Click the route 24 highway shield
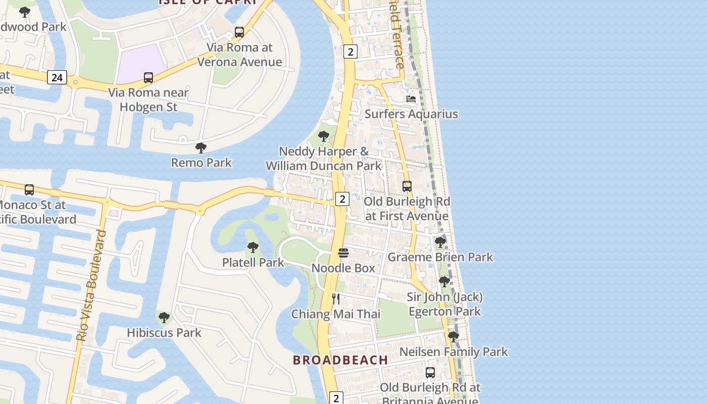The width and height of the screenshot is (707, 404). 57,77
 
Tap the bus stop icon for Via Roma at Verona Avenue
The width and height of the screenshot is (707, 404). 239,32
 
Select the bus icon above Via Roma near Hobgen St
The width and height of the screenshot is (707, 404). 148,78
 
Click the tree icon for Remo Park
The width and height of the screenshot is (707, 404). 201,148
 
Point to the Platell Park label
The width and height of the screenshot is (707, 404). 253,263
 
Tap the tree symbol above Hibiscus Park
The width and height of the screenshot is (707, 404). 164,318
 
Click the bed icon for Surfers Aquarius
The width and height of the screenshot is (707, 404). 411,99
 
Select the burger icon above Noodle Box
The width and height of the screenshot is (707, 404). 343,253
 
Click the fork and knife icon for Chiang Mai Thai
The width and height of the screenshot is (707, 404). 336,299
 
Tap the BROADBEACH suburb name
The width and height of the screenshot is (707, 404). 341,360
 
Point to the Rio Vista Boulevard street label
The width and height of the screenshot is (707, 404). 91,285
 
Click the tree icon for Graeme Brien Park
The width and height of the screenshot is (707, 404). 440,242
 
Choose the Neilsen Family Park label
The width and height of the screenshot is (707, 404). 453,351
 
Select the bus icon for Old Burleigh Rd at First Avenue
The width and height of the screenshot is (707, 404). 407,186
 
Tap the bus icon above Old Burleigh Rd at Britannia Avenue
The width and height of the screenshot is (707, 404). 430,373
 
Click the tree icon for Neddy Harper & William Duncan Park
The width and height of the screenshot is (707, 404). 324,136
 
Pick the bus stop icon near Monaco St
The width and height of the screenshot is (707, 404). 29,190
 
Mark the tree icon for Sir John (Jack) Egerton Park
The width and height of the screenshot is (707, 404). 444,282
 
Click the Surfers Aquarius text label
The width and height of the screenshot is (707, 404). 411,114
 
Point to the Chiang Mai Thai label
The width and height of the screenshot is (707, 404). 336,314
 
